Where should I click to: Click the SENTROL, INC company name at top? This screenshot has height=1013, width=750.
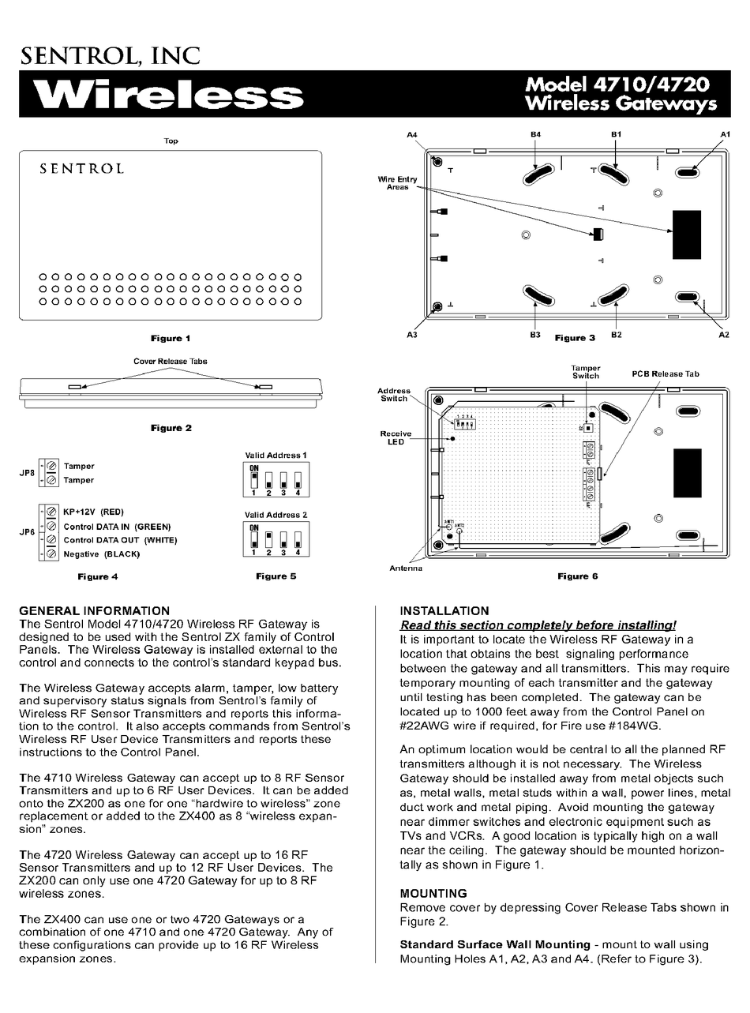coord(110,54)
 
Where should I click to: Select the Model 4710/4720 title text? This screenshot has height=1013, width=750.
coord(617,84)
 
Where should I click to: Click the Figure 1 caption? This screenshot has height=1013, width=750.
coord(171,338)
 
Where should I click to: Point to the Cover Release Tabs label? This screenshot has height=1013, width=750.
coord(171,361)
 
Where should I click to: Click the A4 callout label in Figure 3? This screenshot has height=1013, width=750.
coord(411,135)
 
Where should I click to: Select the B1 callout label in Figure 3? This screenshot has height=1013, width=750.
coord(617,135)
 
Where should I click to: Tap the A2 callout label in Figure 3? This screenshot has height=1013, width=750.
coord(723,335)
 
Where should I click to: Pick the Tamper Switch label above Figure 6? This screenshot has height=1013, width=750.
coord(586,372)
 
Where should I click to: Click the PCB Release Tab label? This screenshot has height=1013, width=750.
coord(665,373)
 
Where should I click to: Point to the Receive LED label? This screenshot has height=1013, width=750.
coord(396,437)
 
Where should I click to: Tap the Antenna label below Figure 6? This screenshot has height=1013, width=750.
coord(406,568)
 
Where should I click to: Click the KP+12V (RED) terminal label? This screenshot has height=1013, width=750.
coord(94,512)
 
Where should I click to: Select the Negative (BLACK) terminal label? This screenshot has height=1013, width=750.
coord(102,554)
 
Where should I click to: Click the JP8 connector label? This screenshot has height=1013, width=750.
coord(27,473)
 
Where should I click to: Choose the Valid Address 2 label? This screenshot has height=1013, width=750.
coord(276,515)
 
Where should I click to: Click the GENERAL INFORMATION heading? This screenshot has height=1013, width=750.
coord(94,610)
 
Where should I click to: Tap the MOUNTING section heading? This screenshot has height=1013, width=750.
coord(433,893)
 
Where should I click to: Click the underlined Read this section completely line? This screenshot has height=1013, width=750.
coord(538,625)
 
